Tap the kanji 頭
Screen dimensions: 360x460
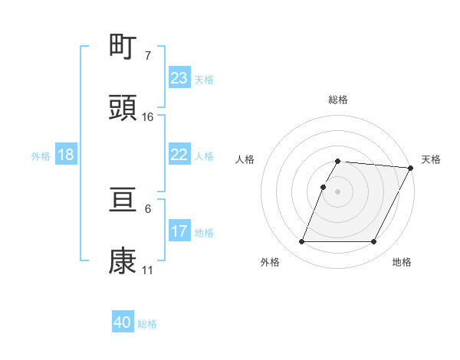tap(123, 108)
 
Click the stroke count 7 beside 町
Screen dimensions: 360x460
tap(147, 56)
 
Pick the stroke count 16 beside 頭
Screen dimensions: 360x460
tap(148, 117)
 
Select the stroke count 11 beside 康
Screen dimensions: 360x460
tap(148, 270)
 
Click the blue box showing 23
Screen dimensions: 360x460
tap(179, 77)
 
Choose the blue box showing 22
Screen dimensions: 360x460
tap(179, 155)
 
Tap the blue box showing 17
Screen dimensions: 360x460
tap(179, 231)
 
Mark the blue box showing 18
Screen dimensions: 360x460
tap(66, 155)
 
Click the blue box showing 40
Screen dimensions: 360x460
tap(123, 322)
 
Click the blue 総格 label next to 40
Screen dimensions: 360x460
tap(148, 324)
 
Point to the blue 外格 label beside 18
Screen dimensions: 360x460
tap(41, 156)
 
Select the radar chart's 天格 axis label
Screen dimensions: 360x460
tap(431, 159)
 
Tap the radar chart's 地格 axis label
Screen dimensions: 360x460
tap(402, 262)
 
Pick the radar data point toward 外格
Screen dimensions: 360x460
tap(302, 242)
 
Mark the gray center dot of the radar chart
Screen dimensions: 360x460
tap(338, 191)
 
